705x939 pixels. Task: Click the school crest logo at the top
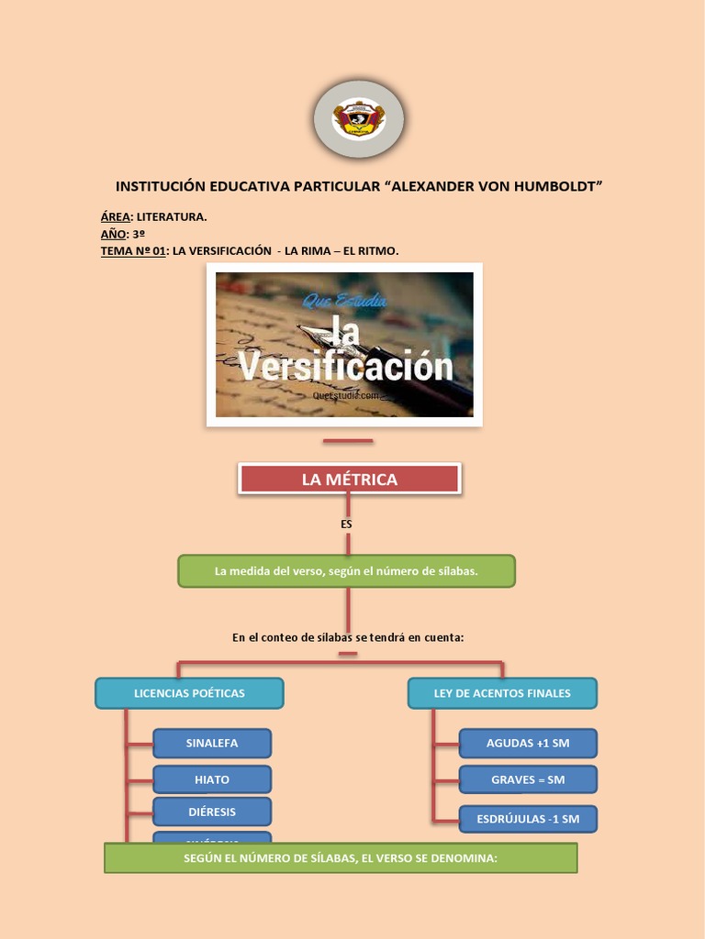coord(358,119)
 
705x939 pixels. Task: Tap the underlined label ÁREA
coord(116,217)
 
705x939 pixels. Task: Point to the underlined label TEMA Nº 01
coord(133,250)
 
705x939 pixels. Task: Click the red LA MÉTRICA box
coord(350,479)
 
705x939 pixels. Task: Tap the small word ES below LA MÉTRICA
coord(346,524)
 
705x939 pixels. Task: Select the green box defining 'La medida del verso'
coord(346,571)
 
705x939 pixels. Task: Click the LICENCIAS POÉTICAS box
coord(189,693)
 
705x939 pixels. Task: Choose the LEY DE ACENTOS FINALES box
coord(502,693)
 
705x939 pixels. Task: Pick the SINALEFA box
coord(212,743)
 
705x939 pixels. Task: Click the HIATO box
coord(212,779)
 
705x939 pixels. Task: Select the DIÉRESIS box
coord(212,812)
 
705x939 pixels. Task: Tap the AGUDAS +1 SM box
coord(528,743)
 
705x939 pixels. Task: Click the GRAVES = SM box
coord(528,779)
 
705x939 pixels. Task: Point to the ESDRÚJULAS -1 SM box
coord(528,819)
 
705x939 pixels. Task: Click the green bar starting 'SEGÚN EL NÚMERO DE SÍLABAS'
coord(341,858)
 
